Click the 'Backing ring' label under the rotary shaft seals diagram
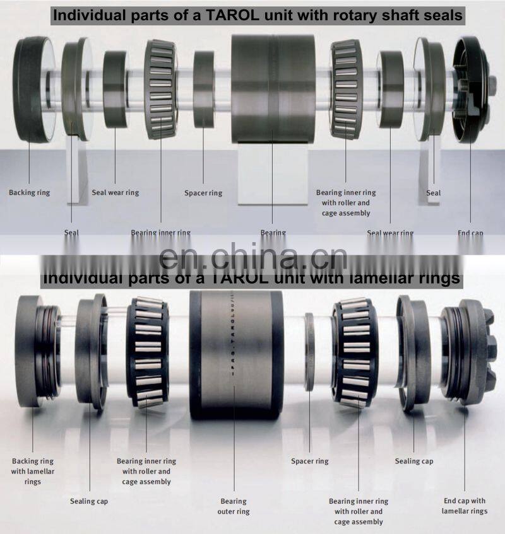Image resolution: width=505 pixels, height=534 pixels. pos(29,192)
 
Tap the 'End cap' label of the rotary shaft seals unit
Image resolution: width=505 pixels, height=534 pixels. pos(470,233)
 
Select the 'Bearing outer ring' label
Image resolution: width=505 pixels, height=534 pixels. pos(234,506)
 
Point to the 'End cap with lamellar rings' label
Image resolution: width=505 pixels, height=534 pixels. pos(464,506)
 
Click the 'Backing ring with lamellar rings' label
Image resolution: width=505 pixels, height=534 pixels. pos(33,471)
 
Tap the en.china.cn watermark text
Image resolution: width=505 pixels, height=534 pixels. pos(252,258)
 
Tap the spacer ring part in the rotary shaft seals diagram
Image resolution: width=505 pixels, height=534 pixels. pos(203,88)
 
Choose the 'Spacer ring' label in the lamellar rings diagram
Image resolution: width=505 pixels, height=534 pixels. pos(309,461)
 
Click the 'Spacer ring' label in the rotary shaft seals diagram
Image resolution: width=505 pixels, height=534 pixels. pos(203,193)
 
